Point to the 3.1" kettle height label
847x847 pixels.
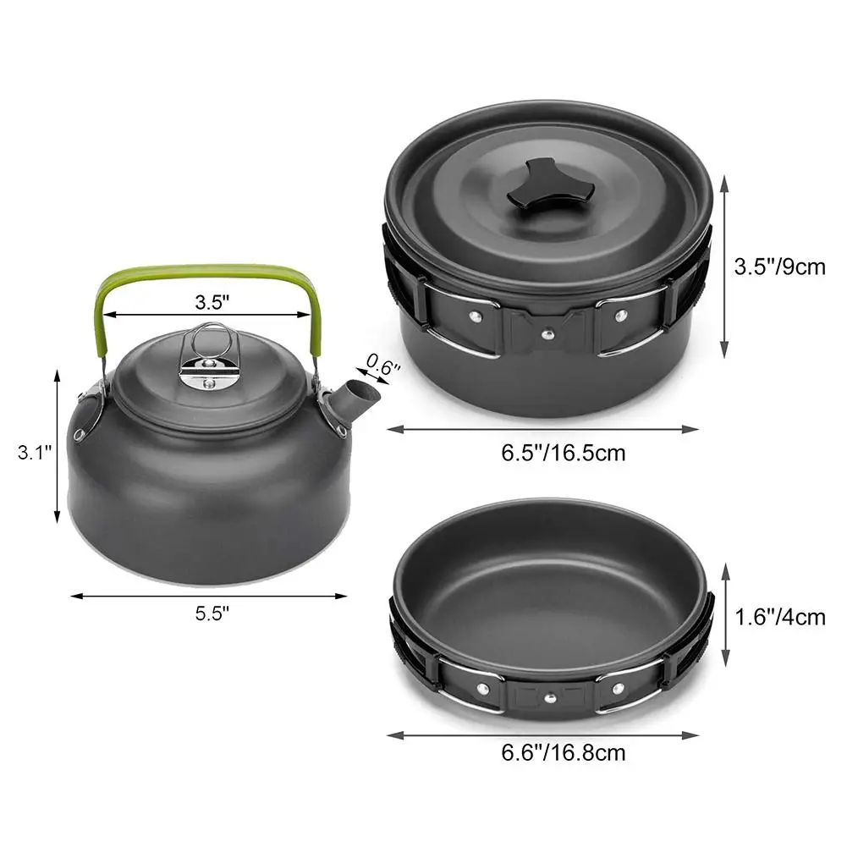[x=35, y=453]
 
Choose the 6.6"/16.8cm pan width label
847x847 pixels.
[x=563, y=751]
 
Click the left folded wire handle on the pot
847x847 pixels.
[x=457, y=320]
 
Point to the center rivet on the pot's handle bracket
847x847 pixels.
[x=546, y=332]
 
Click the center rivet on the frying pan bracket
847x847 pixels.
[x=549, y=698]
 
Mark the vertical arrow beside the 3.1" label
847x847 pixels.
[x=58, y=446]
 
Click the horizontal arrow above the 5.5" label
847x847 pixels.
[x=208, y=596]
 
